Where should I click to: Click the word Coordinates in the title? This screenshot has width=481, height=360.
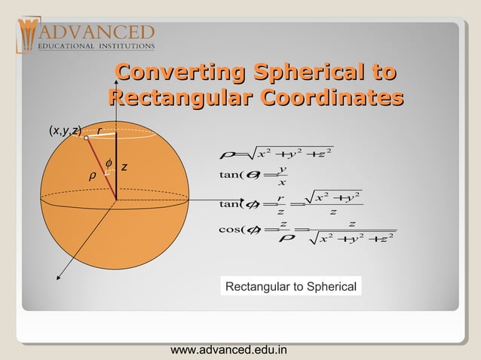pyautogui.click(x=331, y=99)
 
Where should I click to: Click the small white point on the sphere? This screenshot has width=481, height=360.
pyautogui.click(x=87, y=138)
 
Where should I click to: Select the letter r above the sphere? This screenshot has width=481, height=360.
pyautogui.click(x=100, y=130)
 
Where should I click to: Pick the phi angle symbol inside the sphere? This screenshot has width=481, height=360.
pyautogui.click(x=109, y=163)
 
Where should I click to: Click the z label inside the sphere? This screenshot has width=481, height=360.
pyautogui.click(x=124, y=167)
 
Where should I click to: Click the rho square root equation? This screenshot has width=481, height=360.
pyautogui.click(x=274, y=154)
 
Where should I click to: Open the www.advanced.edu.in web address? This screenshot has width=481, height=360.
pyautogui.click(x=228, y=349)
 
